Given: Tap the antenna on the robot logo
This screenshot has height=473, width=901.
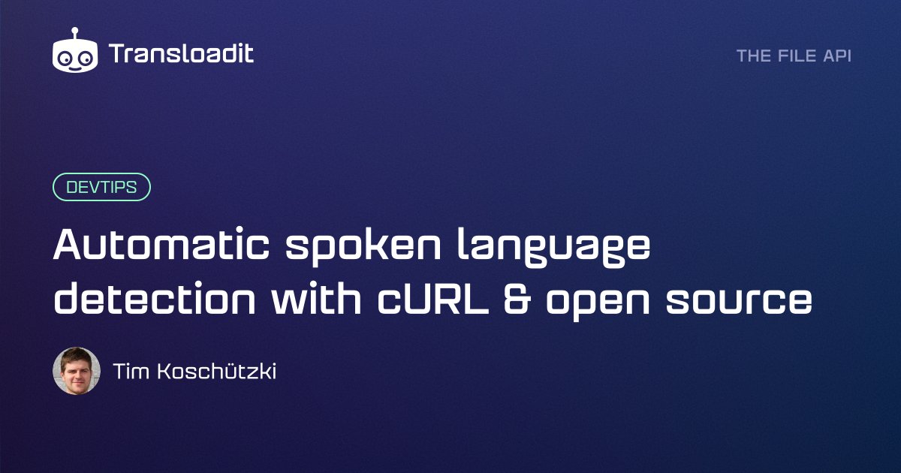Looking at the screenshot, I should click(x=75, y=33).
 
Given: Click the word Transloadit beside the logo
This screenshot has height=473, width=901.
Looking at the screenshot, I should click(x=181, y=54).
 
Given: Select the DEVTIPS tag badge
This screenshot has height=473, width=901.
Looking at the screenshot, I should click(x=101, y=188).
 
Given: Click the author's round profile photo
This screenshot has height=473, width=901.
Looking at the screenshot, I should click(x=77, y=371).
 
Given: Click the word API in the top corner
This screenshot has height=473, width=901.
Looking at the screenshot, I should click(x=837, y=56).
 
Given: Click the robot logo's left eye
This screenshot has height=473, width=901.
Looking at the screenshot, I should click(x=66, y=58).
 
